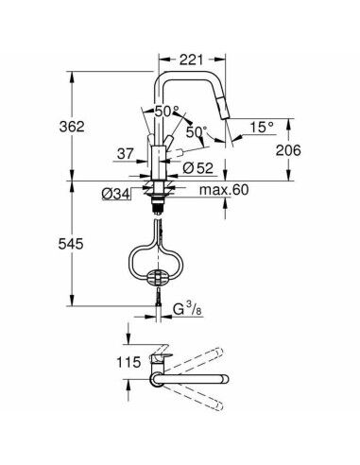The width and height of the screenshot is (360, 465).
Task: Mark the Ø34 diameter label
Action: click(116, 194)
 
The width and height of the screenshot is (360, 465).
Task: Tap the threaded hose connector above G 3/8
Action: click(157, 301)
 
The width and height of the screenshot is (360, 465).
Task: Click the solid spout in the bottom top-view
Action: click(189, 382)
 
